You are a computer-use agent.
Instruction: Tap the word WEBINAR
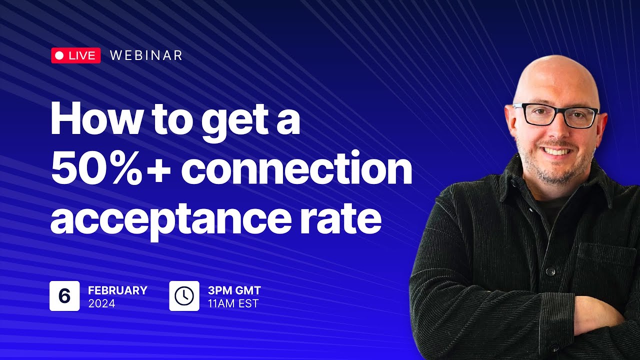146,55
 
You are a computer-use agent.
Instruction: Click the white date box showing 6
64,296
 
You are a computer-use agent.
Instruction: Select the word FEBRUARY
117,290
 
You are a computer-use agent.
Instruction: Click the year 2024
101,303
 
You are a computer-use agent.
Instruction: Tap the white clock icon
184,296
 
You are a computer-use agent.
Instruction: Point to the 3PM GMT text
234,290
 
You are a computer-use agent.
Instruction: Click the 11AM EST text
233,303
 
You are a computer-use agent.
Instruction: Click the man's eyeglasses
556,115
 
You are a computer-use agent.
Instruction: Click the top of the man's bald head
556,62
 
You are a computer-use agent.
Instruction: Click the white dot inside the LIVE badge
59,55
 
